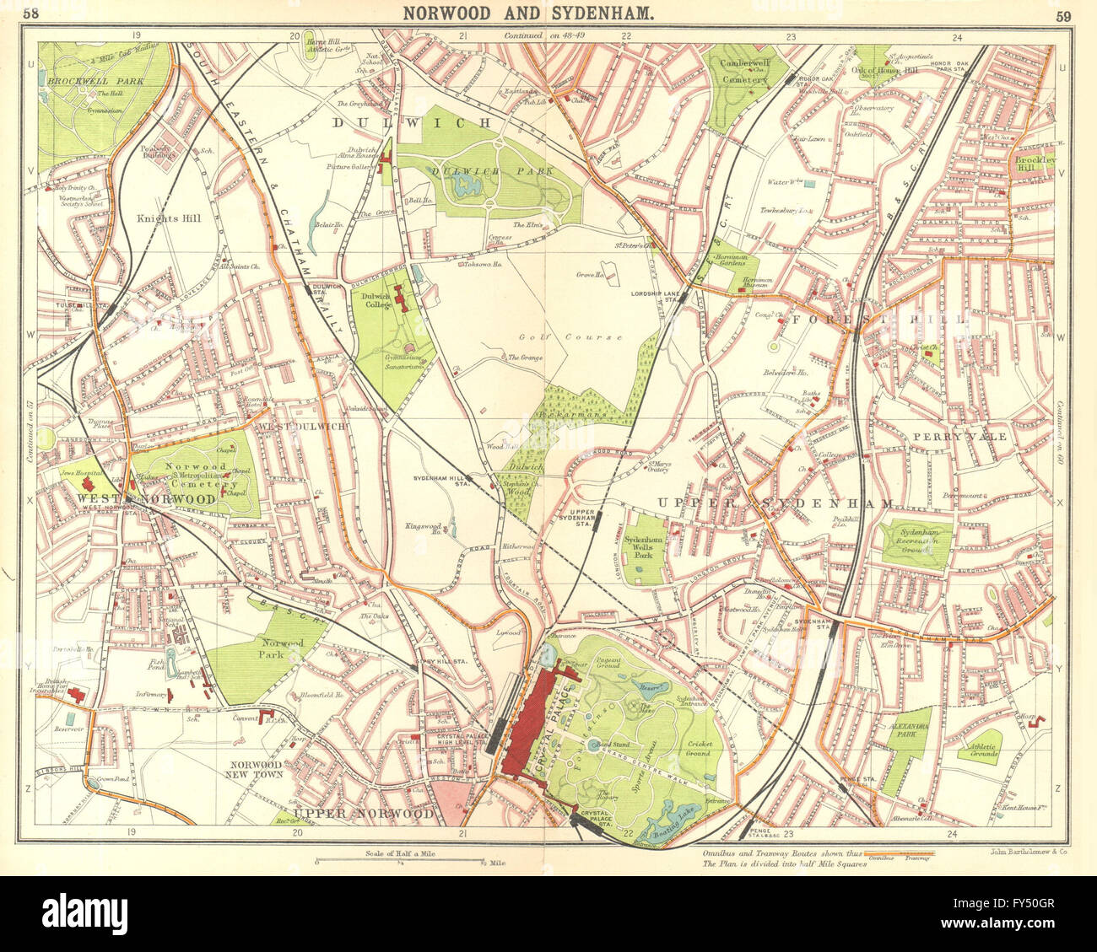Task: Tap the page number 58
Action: tap(30, 13)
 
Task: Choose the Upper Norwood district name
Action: tap(364, 813)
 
